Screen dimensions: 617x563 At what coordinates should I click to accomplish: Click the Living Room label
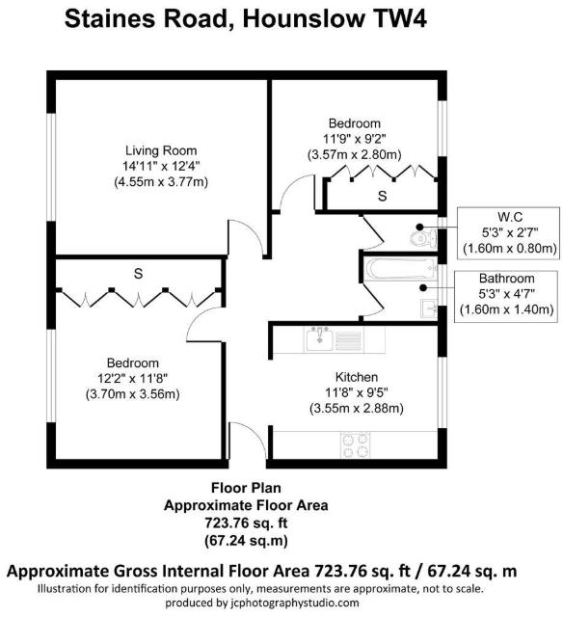tap(161, 150)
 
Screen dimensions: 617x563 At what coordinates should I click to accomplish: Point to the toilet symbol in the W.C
tap(420, 235)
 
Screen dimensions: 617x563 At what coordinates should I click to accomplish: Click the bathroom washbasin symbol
tap(427, 308)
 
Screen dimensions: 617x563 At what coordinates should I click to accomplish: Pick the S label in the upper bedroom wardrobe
tap(382, 197)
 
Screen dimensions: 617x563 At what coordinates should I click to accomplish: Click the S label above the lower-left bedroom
tap(138, 274)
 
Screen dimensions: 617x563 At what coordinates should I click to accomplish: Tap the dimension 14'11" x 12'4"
tap(161, 166)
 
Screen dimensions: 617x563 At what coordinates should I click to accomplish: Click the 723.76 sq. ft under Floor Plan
tap(246, 521)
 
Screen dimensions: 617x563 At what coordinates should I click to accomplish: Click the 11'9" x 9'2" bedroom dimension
tap(355, 139)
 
